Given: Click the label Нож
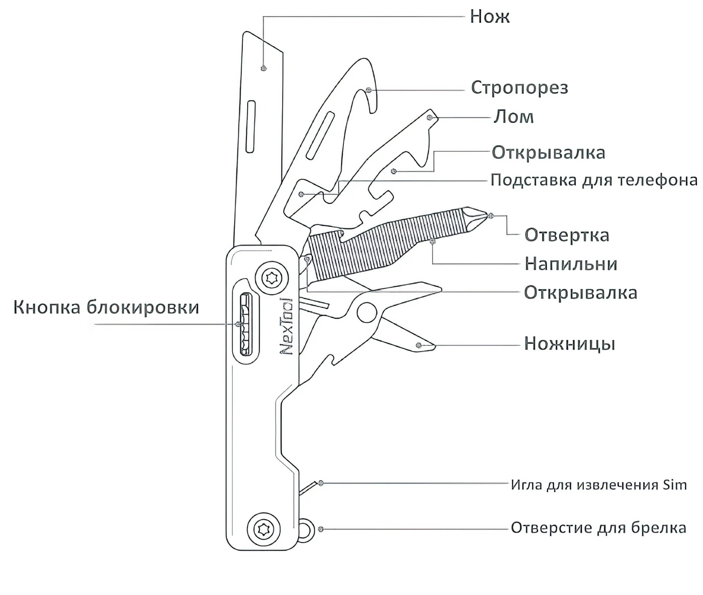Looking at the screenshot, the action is tap(489, 16).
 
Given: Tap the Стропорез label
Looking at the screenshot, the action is tap(520, 88).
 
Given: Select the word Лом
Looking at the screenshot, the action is tap(514, 117).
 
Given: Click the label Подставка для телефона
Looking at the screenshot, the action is tap(594, 180).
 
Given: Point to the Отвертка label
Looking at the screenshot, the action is tap(567, 235).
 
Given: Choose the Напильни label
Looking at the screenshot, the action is tap(571, 264).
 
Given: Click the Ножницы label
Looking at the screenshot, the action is tap(570, 344).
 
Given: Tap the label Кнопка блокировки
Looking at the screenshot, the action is tap(106, 307).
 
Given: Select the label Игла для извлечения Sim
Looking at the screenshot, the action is tap(599, 485).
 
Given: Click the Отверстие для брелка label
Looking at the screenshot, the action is tap(599, 528).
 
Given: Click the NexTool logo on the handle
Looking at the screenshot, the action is tap(287, 326).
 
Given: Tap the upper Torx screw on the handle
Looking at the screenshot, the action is tap(272, 278).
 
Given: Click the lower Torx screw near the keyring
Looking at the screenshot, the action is tap(264, 529).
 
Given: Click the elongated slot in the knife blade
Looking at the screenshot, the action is tap(251, 127).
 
